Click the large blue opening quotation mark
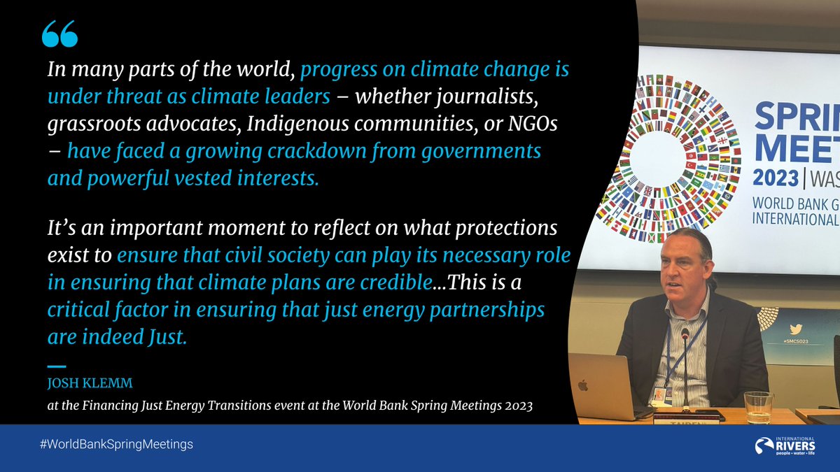coord(60,34)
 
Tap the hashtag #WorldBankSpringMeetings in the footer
coord(120,444)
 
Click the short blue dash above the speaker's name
coord(57,366)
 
